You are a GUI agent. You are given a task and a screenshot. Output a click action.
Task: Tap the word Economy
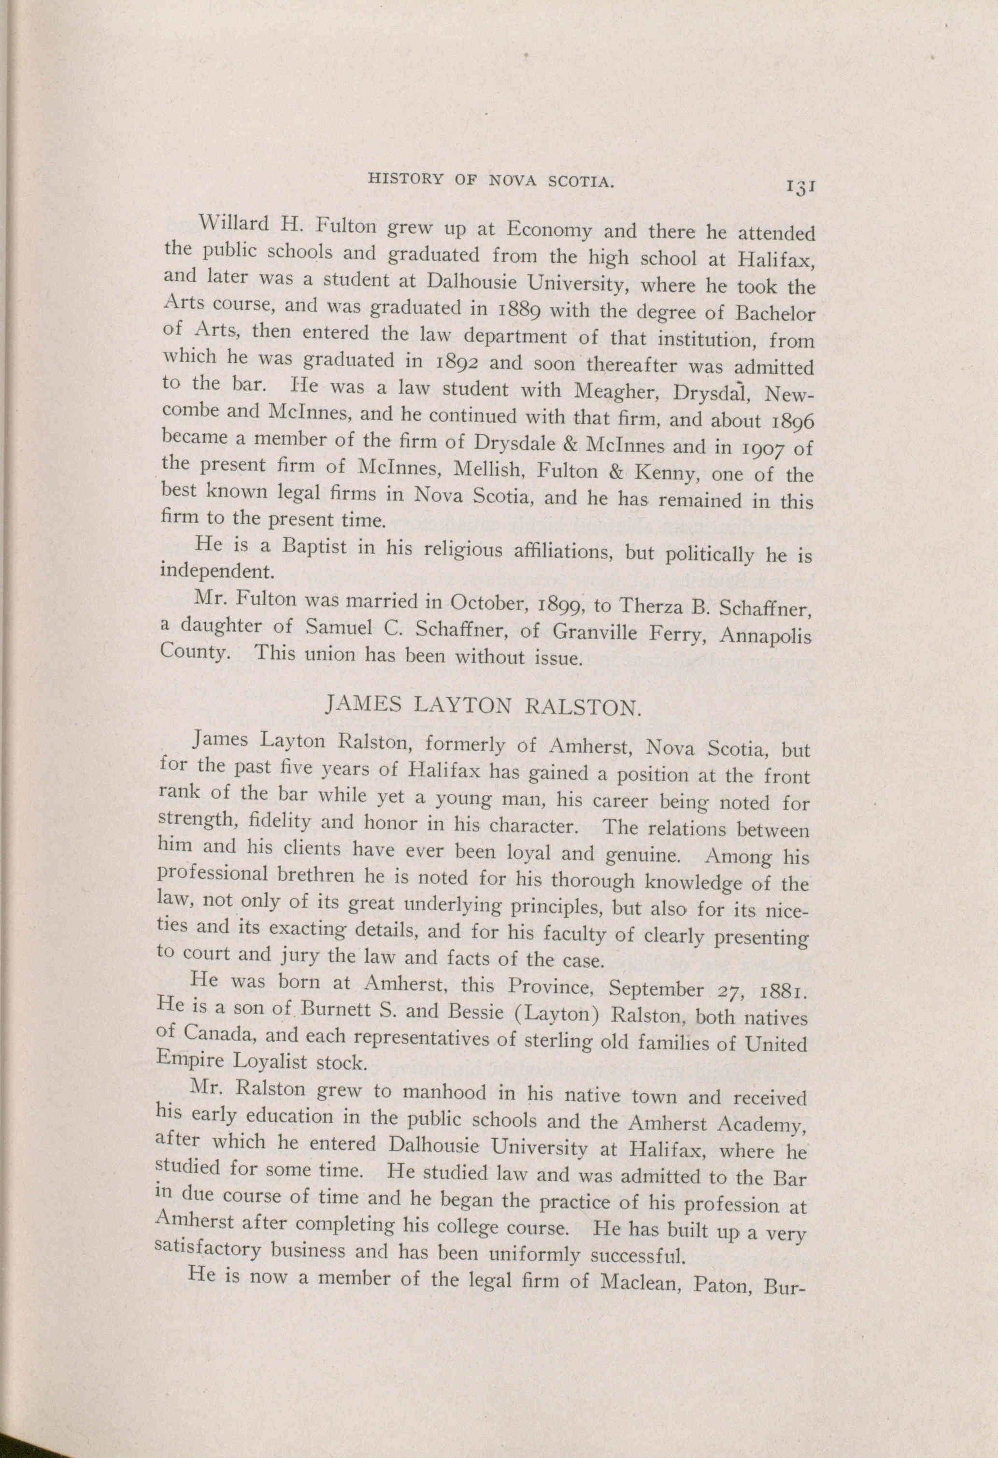click(x=549, y=231)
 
